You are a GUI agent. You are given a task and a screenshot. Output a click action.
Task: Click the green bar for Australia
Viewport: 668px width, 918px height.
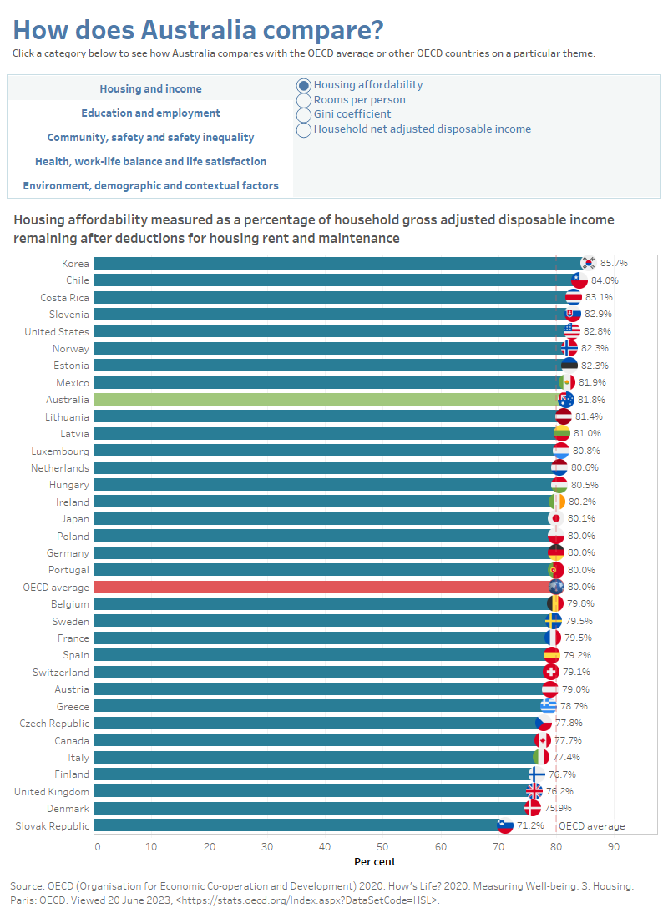(x=326, y=400)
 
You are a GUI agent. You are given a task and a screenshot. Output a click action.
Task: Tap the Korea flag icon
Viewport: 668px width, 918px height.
(x=589, y=263)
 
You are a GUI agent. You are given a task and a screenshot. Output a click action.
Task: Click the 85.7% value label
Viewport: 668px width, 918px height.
(x=614, y=263)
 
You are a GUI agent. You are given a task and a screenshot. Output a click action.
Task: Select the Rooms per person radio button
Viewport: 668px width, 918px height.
(x=304, y=100)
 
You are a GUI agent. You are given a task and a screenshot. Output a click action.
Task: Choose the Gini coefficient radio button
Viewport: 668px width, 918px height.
(x=304, y=115)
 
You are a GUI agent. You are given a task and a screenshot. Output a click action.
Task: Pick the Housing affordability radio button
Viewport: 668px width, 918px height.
(x=304, y=85)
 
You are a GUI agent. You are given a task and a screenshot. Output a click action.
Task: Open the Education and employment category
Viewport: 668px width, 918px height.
(x=150, y=113)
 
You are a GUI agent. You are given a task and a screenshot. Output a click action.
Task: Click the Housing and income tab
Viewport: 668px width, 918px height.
(x=150, y=89)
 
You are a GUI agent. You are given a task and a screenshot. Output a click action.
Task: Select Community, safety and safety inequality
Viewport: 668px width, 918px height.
(x=150, y=138)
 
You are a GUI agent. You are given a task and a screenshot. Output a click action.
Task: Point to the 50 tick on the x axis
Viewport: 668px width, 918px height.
(x=382, y=847)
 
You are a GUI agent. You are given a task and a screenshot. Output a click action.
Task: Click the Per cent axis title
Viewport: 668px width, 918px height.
(x=375, y=861)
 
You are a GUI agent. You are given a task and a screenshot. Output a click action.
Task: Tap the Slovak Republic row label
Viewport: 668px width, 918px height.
(x=52, y=825)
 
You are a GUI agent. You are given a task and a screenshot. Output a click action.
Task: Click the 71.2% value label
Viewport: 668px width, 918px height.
(x=530, y=825)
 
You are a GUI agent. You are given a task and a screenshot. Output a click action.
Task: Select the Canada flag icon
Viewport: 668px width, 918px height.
(x=543, y=740)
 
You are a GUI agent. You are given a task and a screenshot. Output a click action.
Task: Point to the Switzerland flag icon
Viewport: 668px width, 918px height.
(x=551, y=672)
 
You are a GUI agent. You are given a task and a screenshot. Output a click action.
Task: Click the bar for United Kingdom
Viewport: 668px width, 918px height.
(x=309, y=791)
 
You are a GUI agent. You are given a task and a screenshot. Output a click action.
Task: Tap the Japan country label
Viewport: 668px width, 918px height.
(x=74, y=519)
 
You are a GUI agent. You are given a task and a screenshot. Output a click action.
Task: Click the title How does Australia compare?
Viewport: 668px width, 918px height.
(x=198, y=30)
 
